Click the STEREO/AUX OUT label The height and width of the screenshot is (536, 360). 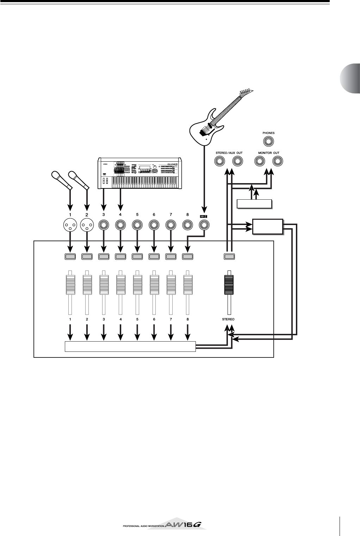click(229, 153)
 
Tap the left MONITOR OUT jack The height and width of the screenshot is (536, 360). click(260, 161)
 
